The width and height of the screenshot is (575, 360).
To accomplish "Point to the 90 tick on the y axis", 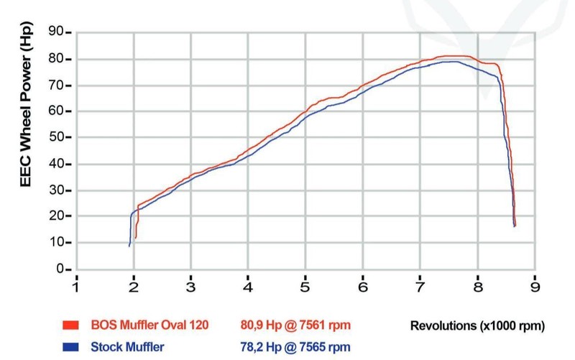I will coord(55,32).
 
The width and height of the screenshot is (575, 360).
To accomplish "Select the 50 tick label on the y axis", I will coord(55,137).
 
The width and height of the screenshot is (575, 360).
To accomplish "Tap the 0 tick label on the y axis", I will coord(59,269).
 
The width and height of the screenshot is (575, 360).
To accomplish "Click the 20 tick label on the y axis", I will coord(55,216).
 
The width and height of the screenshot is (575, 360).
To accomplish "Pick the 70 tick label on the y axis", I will coord(55,85).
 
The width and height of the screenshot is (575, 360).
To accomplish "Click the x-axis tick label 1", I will coord(76,285).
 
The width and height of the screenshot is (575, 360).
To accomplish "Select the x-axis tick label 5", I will coord(305,285).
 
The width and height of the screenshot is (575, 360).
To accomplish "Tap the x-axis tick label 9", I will coord(535,285).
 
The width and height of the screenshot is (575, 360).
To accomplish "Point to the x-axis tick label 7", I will coord(420,285).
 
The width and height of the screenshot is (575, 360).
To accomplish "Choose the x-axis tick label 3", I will coord(191,285).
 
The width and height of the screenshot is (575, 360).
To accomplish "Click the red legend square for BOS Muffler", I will coord(70,326).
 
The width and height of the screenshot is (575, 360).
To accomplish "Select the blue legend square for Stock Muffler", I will coord(70,348).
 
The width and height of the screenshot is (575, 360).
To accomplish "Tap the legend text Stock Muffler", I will coord(127,348).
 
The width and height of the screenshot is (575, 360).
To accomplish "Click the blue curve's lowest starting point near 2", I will coord(129,246).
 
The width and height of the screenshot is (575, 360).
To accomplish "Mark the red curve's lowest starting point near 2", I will coord(135,238).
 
